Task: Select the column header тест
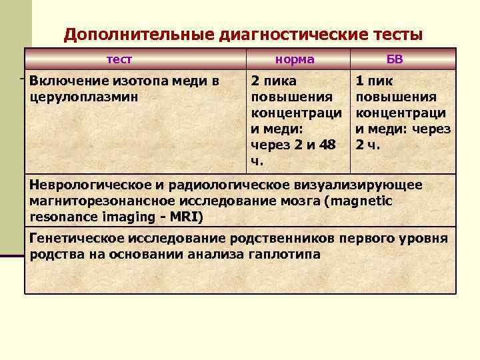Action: tap(120, 59)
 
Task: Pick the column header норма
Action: tap(295, 59)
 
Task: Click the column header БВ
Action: tap(395, 59)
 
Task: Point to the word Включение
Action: tap(63, 81)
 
